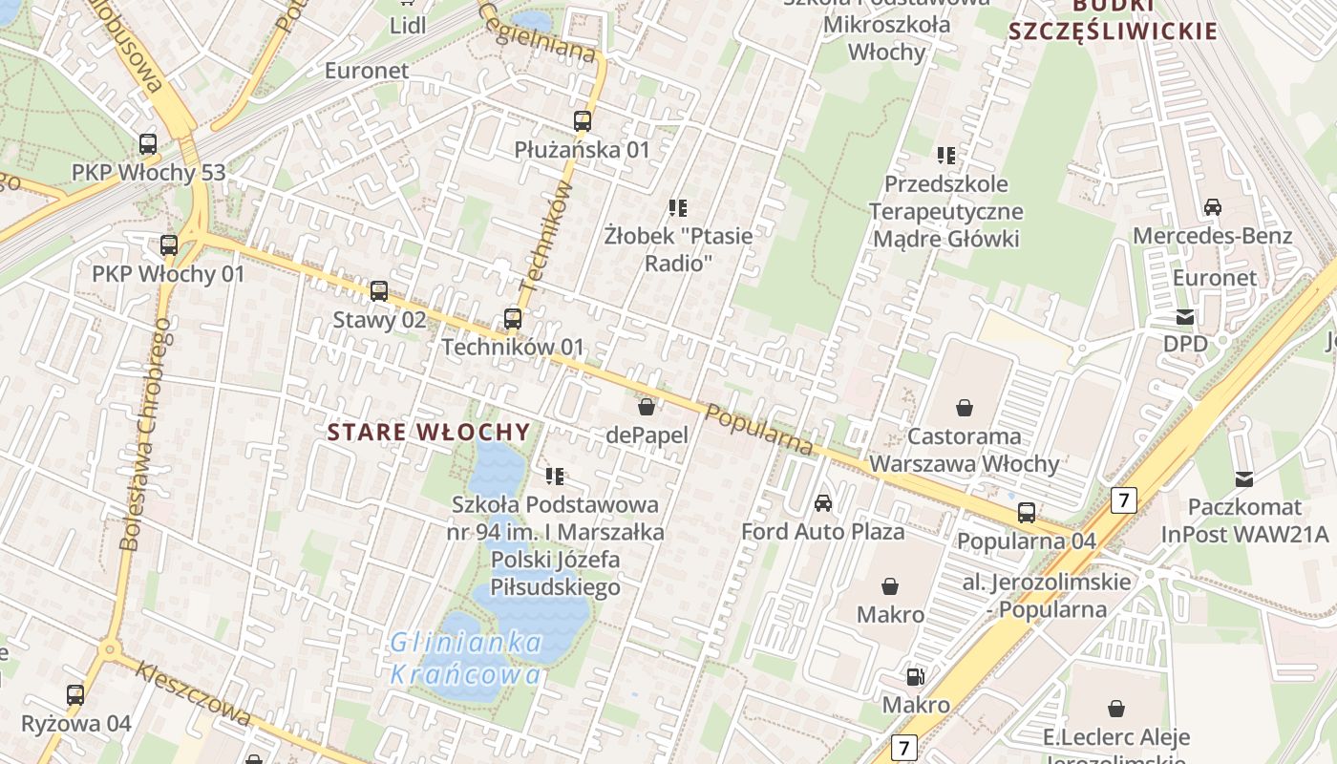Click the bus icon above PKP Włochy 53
[x=148, y=144]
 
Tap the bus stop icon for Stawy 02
[x=379, y=290]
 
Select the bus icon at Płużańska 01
[x=583, y=121]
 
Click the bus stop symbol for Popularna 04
[x=1027, y=513]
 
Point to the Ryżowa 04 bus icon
[x=75, y=695]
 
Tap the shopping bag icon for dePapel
[x=647, y=407]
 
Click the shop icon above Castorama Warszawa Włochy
[x=965, y=408]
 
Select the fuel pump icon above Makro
[x=915, y=677]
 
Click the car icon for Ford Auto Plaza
[x=823, y=502]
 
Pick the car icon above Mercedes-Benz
[x=1212, y=207]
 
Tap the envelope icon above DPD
[x=1185, y=316]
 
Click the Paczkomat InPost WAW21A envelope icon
[x=1244, y=478]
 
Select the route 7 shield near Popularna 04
[x=1124, y=499]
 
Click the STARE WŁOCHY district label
[x=429, y=432]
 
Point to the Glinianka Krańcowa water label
[x=466, y=659]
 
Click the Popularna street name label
[x=760, y=429]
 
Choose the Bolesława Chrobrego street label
[x=146, y=435]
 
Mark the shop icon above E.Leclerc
[x=1115, y=709]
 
